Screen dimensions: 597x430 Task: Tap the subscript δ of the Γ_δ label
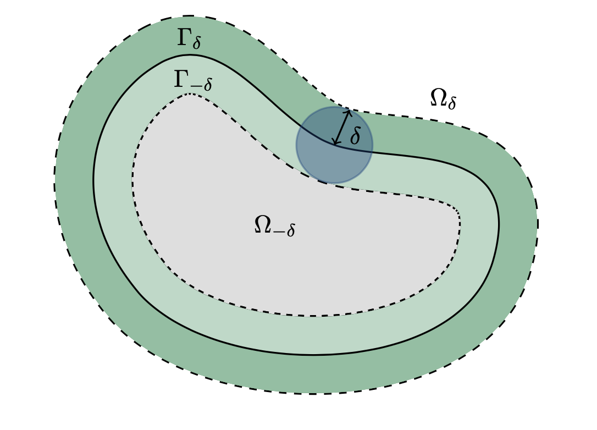(x=196, y=43)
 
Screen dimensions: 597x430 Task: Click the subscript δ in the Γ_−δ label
(x=207, y=85)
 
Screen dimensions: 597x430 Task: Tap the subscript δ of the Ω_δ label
(x=451, y=103)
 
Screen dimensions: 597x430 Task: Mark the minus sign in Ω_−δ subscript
(x=278, y=231)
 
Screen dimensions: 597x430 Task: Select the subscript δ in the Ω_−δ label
(x=290, y=230)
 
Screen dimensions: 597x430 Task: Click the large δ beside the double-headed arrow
(x=355, y=136)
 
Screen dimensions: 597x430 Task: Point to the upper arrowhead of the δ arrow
(x=349, y=112)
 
